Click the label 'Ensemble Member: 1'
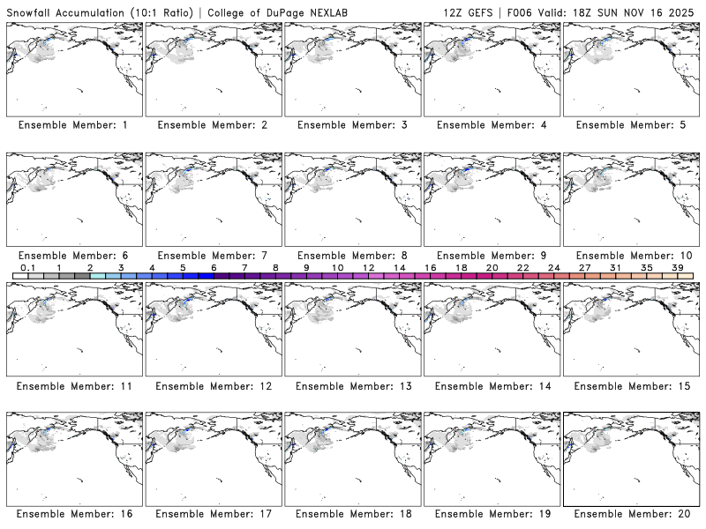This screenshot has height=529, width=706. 73,125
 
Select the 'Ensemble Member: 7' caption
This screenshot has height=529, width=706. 213,256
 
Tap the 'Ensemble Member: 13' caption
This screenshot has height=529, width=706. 352,386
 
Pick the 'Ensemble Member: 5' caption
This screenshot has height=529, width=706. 630,125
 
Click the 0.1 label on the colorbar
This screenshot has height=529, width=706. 27,267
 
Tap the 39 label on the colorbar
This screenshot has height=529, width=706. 677,267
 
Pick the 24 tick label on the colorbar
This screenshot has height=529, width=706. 554,267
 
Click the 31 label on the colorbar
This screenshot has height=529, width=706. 615,267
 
